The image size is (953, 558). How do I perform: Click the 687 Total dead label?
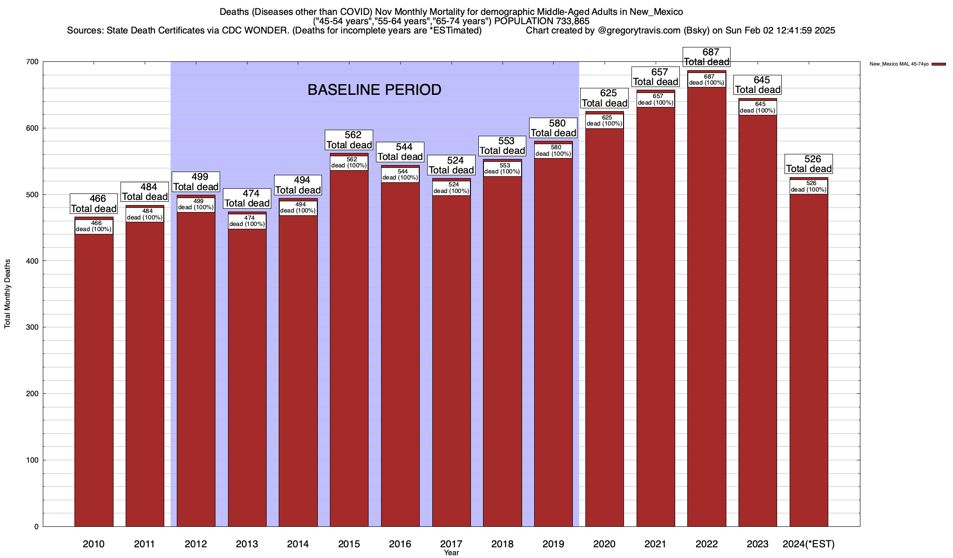pos(706,57)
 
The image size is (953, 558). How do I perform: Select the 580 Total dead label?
pos(553,128)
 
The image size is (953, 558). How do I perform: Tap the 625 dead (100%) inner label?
pos(604,121)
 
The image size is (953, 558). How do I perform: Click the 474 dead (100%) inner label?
pos(247,221)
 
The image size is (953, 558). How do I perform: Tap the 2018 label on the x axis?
pos(502,544)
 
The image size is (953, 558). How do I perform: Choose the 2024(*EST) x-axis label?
pos(809,544)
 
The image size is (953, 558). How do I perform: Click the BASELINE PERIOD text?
pos(374,90)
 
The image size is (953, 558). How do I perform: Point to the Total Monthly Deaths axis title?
pos(7,294)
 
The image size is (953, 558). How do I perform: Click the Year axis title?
pos(451,553)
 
